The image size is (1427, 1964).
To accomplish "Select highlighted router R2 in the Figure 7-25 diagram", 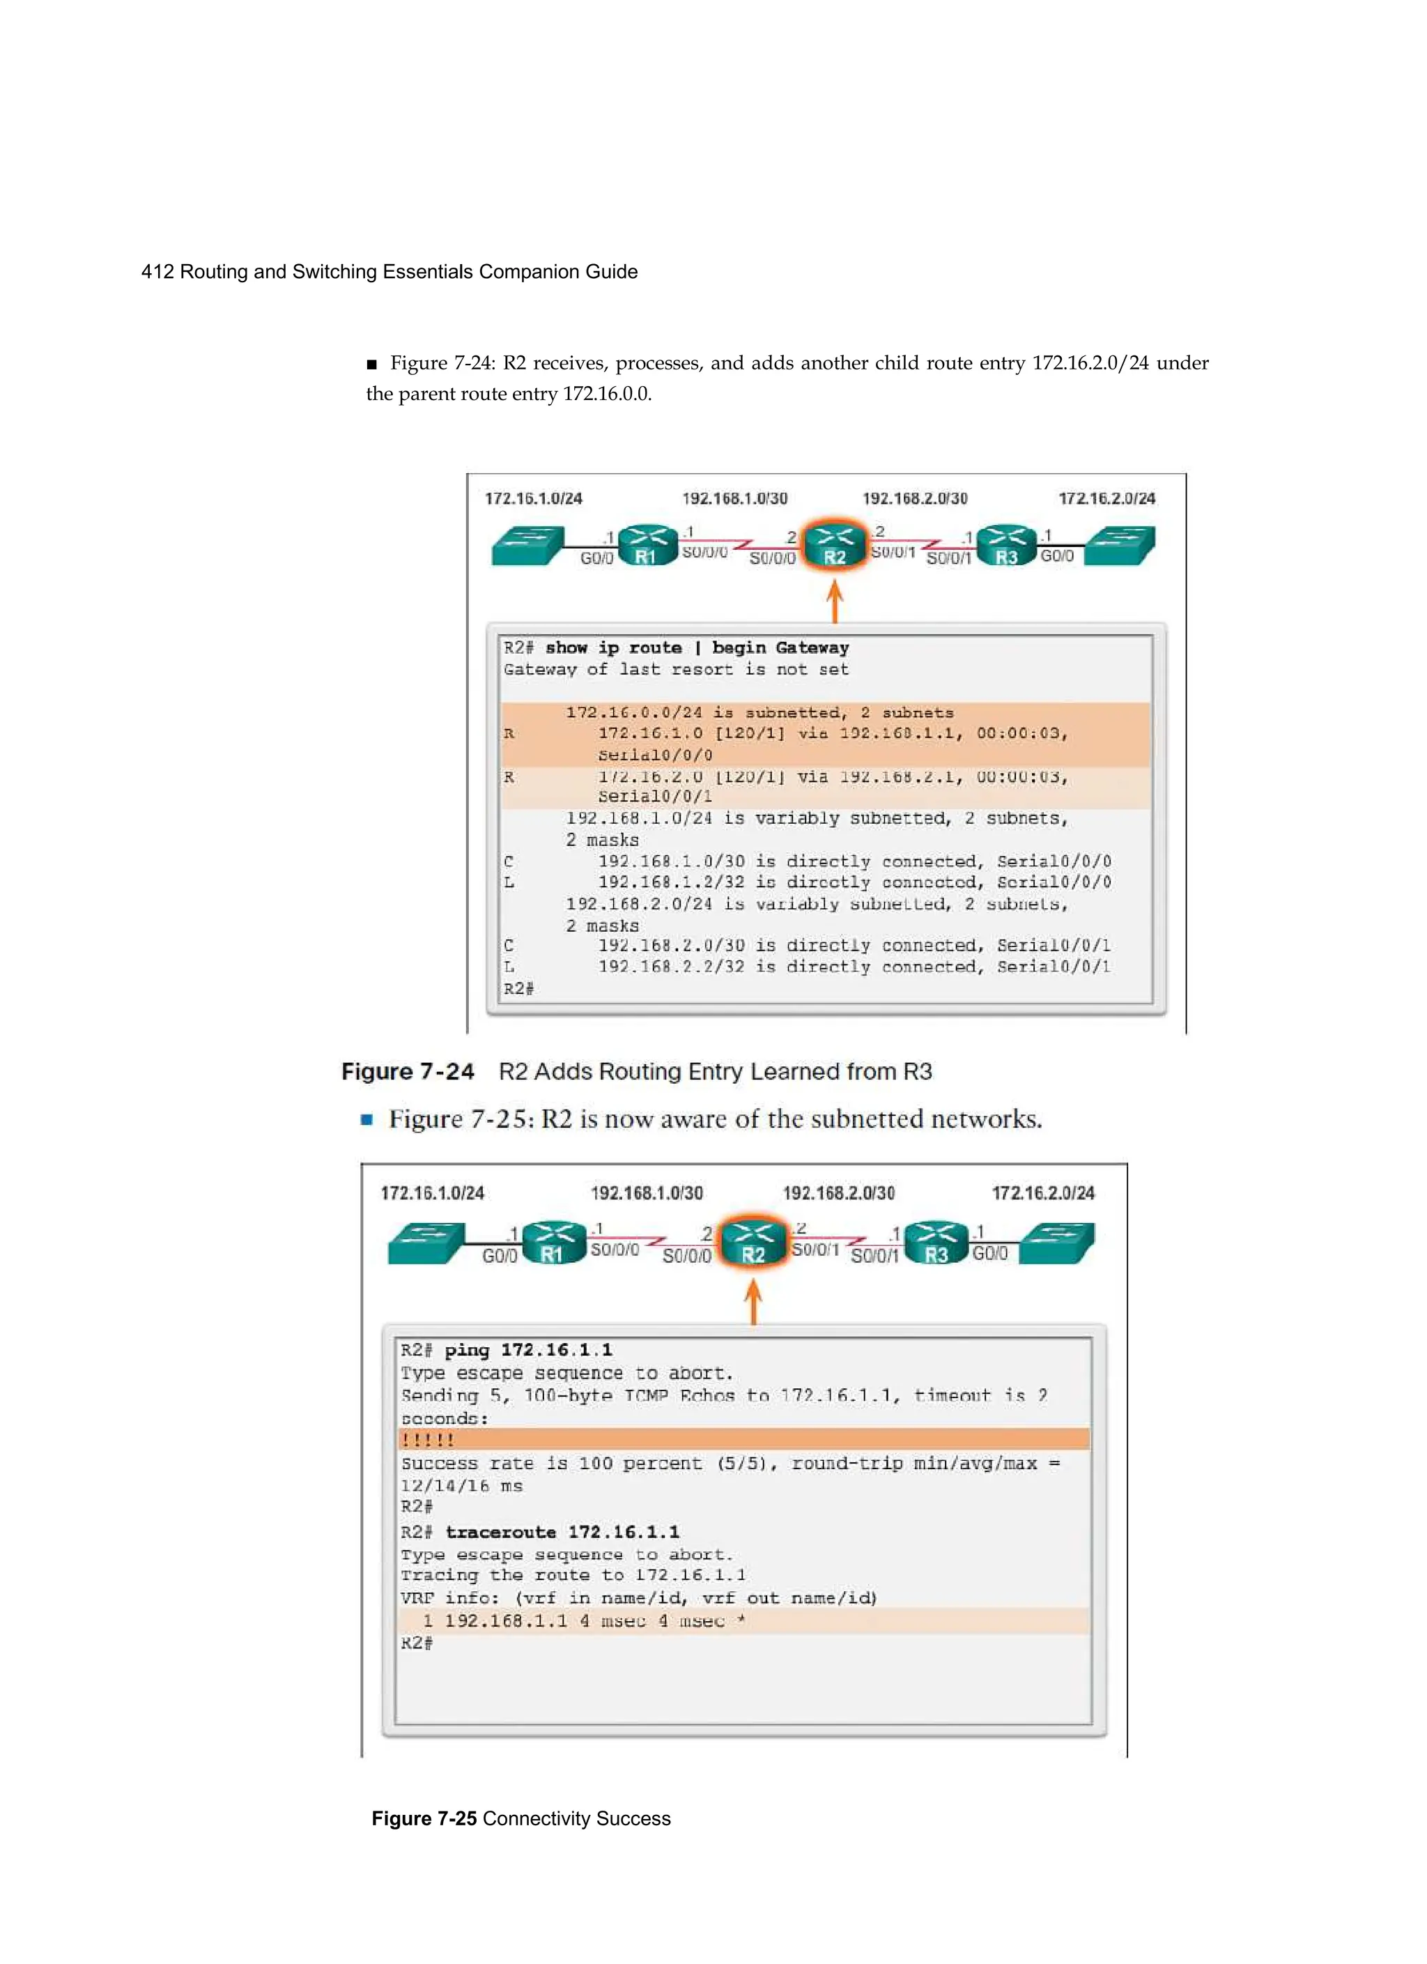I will tap(753, 1242).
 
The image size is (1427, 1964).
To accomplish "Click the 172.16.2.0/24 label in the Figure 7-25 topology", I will tap(1042, 1192).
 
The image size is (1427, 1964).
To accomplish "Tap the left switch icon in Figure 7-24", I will tap(527, 546).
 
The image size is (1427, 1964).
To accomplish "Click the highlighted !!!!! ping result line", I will tap(428, 1440).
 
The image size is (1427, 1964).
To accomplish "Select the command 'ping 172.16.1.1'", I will tap(528, 1350).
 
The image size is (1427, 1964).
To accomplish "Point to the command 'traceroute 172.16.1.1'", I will tap(562, 1532).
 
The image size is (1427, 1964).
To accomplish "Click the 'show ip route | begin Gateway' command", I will tap(697, 647).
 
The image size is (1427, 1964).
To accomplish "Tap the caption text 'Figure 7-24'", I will tap(408, 1071).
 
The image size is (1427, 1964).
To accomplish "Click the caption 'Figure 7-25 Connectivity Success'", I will tap(520, 1818).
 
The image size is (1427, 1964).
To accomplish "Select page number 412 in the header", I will tap(157, 272).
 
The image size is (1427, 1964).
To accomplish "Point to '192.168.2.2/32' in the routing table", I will tap(670, 967).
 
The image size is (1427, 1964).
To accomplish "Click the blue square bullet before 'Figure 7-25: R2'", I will tap(367, 1120).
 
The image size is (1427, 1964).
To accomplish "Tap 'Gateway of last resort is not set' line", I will tap(675, 669).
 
